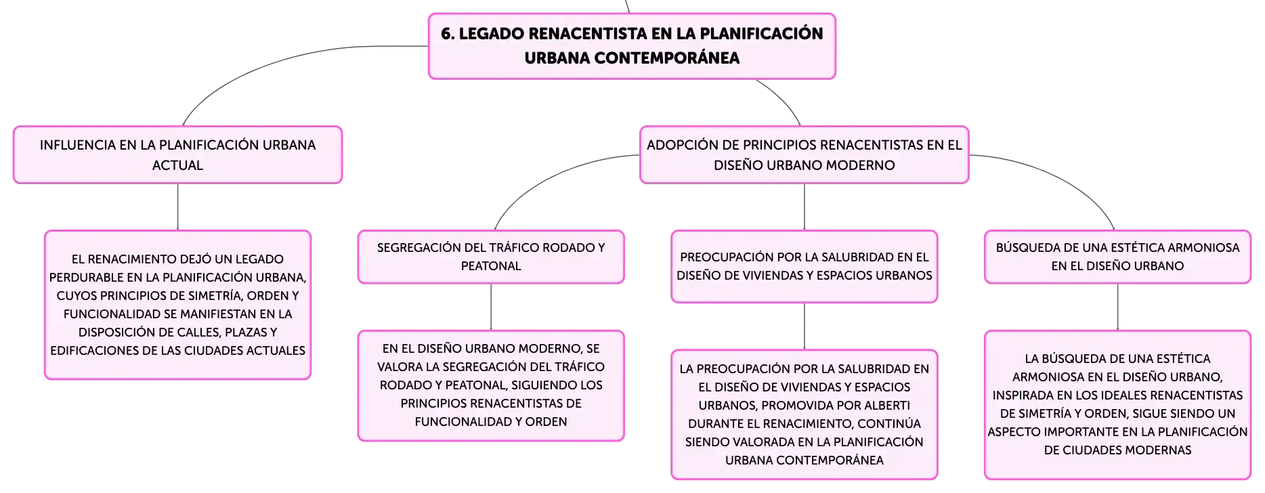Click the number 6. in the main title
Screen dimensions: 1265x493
click(x=448, y=34)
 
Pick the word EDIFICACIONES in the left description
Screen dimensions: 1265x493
click(x=95, y=351)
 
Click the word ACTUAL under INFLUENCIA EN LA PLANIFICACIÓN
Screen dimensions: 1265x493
click(x=177, y=165)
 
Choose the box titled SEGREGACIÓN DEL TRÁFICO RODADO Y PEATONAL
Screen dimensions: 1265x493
click(x=491, y=257)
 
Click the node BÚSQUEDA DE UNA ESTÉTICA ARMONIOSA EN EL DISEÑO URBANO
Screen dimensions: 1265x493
click(x=1117, y=257)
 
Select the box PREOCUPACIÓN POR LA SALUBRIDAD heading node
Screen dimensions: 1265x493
click(x=805, y=267)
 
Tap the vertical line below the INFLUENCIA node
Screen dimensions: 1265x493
click(x=177, y=207)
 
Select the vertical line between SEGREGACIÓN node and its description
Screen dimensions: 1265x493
click(x=491, y=307)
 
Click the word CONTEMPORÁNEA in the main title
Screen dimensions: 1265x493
click(x=666, y=58)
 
